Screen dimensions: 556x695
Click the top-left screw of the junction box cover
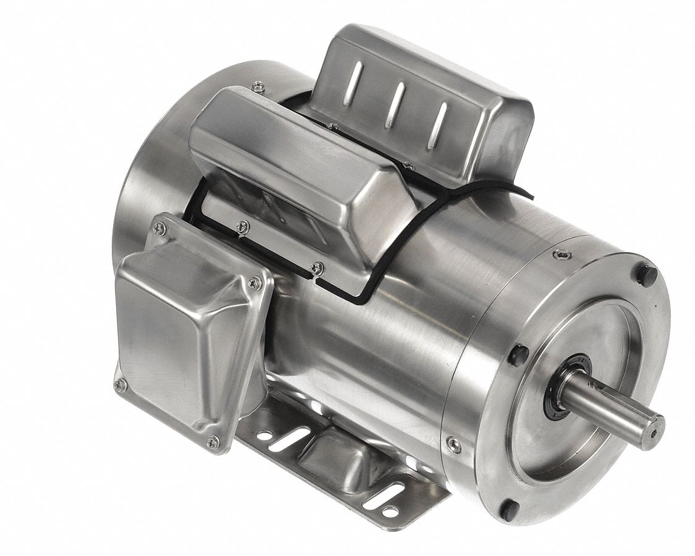[x=162, y=228]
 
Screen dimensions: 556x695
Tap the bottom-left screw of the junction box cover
[x=120, y=384]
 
